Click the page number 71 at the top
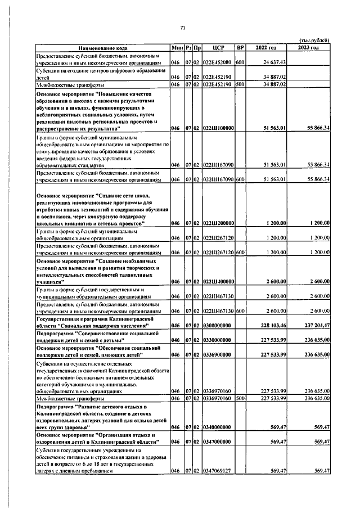pyautogui.click(x=183, y=29)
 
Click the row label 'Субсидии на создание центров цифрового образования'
pyautogui.click(x=101, y=70)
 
